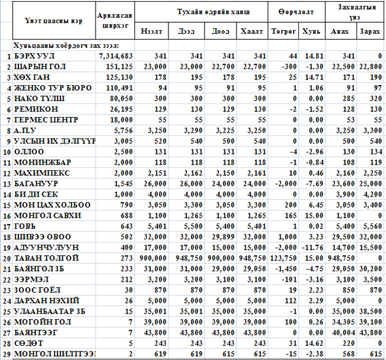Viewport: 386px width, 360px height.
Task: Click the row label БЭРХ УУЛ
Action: (x=32, y=56)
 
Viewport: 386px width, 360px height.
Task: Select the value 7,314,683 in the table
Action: (x=115, y=56)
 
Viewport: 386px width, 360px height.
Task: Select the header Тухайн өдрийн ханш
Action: (x=202, y=12)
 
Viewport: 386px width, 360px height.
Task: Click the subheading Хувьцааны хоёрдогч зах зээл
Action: (x=66, y=45)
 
